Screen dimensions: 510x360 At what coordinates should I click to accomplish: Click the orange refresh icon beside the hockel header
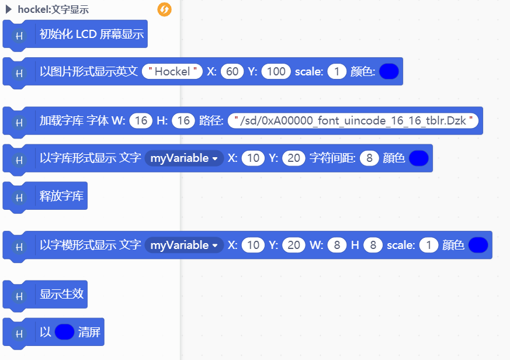click(x=165, y=9)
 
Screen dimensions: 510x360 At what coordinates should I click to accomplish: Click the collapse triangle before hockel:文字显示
click(x=9, y=9)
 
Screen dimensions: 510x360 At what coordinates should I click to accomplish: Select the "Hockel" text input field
click(x=172, y=71)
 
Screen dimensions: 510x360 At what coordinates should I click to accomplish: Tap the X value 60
click(x=233, y=71)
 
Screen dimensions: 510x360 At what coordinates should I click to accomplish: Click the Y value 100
click(x=276, y=71)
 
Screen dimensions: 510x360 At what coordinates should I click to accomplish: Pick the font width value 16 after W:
click(x=141, y=121)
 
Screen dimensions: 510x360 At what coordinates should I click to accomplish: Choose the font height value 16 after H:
click(x=183, y=121)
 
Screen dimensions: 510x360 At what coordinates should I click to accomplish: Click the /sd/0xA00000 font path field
click(x=353, y=121)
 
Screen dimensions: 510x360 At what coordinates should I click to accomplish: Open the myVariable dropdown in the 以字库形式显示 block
click(x=184, y=158)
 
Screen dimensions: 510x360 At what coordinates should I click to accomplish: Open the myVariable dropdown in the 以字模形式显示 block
click(x=184, y=245)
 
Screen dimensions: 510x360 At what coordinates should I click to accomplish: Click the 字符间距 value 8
click(x=369, y=158)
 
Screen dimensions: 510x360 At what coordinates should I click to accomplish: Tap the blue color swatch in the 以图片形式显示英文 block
click(x=389, y=71)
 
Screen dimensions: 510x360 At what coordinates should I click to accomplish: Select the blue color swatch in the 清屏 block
click(x=64, y=333)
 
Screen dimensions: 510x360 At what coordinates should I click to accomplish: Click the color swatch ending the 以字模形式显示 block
click(x=478, y=245)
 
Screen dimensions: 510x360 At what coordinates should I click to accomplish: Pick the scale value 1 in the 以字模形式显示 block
click(x=429, y=245)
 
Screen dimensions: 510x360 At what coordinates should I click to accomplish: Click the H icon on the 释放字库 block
click(x=19, y=198)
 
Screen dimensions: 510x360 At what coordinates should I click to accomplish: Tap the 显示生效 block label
click(x=61, y=294)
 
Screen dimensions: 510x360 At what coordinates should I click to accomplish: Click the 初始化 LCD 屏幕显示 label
click(x=91, y=34)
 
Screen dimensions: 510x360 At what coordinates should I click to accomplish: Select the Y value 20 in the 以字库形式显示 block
click(x=294, y=158)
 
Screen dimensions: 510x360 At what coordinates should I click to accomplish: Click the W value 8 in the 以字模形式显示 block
click(x=336, y=245)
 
